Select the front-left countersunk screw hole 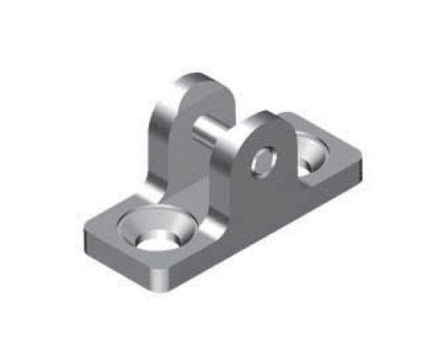[x=156, y=231]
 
